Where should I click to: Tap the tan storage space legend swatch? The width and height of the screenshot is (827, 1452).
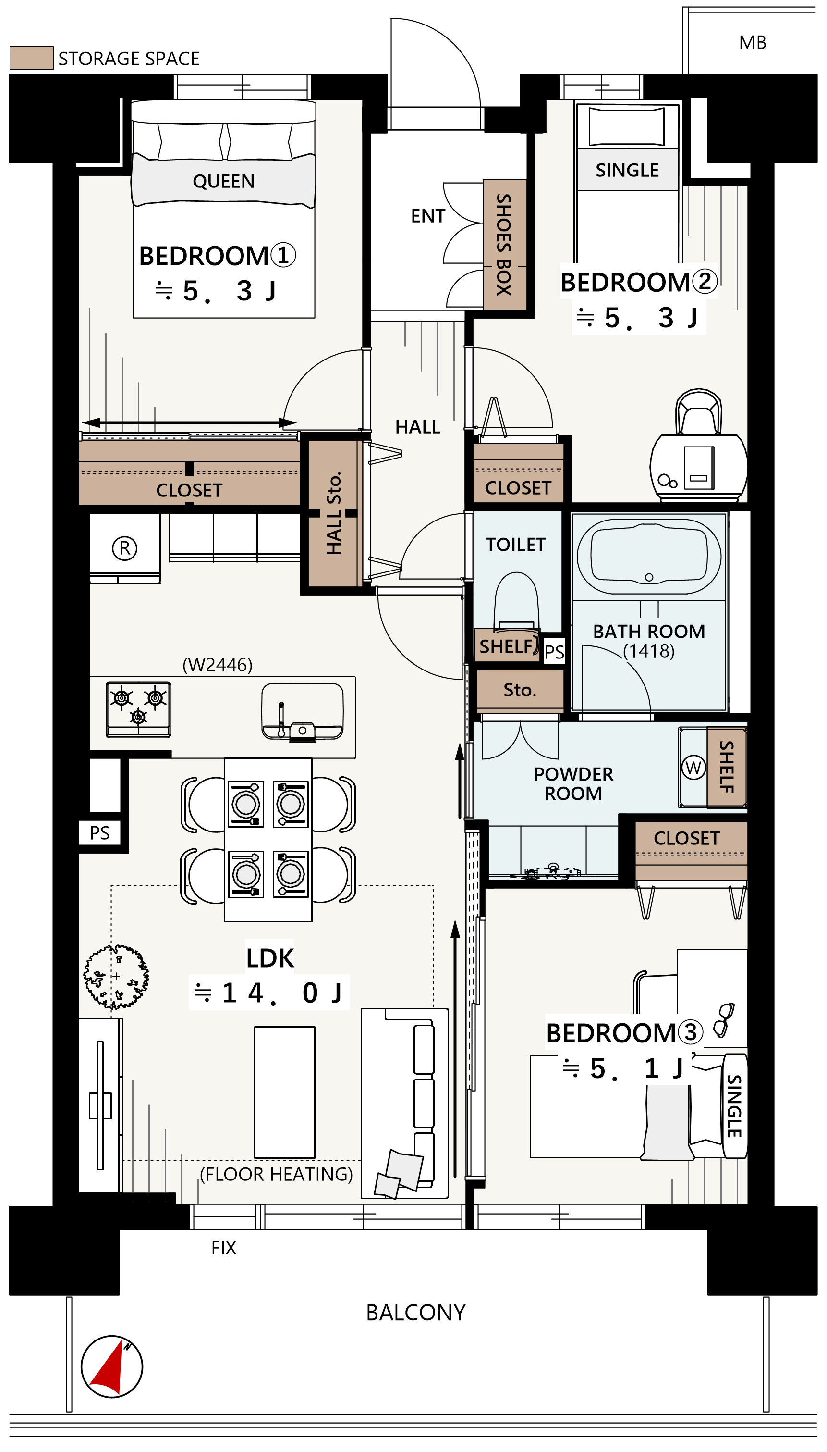point(32,58)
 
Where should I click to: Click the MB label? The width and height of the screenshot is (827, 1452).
point(753,43)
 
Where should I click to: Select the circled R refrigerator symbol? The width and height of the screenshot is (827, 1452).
point(124,548)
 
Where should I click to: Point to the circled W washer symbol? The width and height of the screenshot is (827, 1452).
point(693,767)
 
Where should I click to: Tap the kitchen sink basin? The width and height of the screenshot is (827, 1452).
point(302,711)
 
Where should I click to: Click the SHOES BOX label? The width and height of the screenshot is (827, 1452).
point(504,244)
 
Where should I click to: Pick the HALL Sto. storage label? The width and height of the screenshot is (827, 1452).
point(334,513)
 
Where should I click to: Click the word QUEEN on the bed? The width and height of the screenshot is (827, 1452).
point(223,181)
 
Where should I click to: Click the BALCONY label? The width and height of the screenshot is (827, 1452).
point(416,1312)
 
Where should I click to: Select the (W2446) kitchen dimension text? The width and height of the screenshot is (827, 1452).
point(218,664)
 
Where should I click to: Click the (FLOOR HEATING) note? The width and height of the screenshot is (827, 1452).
point(276,1174)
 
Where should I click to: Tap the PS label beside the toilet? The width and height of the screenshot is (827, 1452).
point(554,651)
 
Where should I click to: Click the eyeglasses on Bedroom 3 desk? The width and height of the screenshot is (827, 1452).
point(724,1019)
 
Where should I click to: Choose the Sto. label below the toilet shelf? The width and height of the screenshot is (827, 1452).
point(520,689)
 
